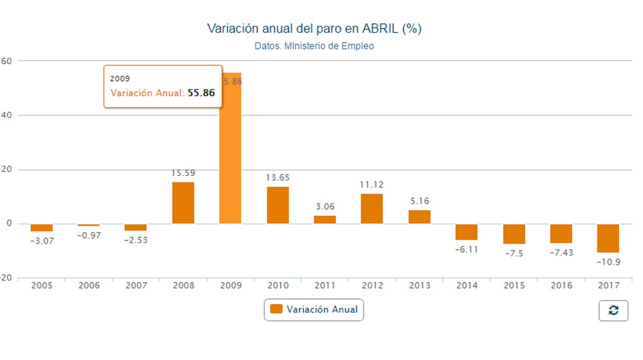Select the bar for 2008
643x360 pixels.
coord(183,203)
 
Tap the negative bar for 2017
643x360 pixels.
coord(608,238)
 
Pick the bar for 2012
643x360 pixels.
coord(371,209)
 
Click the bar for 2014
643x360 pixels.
coord(466,232)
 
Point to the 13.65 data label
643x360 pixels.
coord(278,178)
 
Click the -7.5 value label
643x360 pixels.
coord(513,254)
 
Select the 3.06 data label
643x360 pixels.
coord(325,207)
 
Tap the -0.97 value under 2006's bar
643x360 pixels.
coord(88,236)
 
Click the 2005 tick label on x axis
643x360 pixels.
coord(42,285)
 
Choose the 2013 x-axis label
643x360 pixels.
coord(419,285)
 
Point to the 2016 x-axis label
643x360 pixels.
coord(561,285)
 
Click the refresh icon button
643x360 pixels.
coord(613,311)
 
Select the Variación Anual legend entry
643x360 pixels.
coord(314,310)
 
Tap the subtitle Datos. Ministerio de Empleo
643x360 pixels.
coord(314,46)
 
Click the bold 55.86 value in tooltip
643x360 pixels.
coord(201,93)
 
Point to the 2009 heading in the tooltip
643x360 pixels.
coord(120,79)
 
